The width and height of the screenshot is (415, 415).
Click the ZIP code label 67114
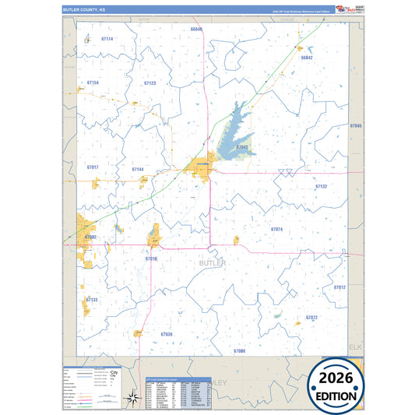(x=107, y=39)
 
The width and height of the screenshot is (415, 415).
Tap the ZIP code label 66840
(x=196, y=29)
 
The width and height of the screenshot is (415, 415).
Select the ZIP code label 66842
(x=306, y=58)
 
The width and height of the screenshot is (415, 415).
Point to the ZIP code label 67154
(x=93, y=83)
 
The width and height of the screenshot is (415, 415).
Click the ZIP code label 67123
(x=149, y=83)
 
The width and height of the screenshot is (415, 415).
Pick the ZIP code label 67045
(x=356, y=125)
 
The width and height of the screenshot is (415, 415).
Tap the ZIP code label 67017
(x=93, y=167)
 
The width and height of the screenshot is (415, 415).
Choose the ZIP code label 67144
(x=138, y=169)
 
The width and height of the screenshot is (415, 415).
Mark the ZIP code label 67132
(x=321, y=187)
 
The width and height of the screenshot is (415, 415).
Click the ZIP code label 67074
(x=276, y=229)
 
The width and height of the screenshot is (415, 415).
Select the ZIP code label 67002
(x=90, y=237)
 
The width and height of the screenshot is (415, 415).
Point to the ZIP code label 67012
(x=339, y=287)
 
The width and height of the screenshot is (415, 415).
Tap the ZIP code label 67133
(x=92, y=299)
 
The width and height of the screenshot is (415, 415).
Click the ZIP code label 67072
(x=311, y=318)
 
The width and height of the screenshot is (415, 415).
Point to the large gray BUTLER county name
(x=213, y=264)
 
